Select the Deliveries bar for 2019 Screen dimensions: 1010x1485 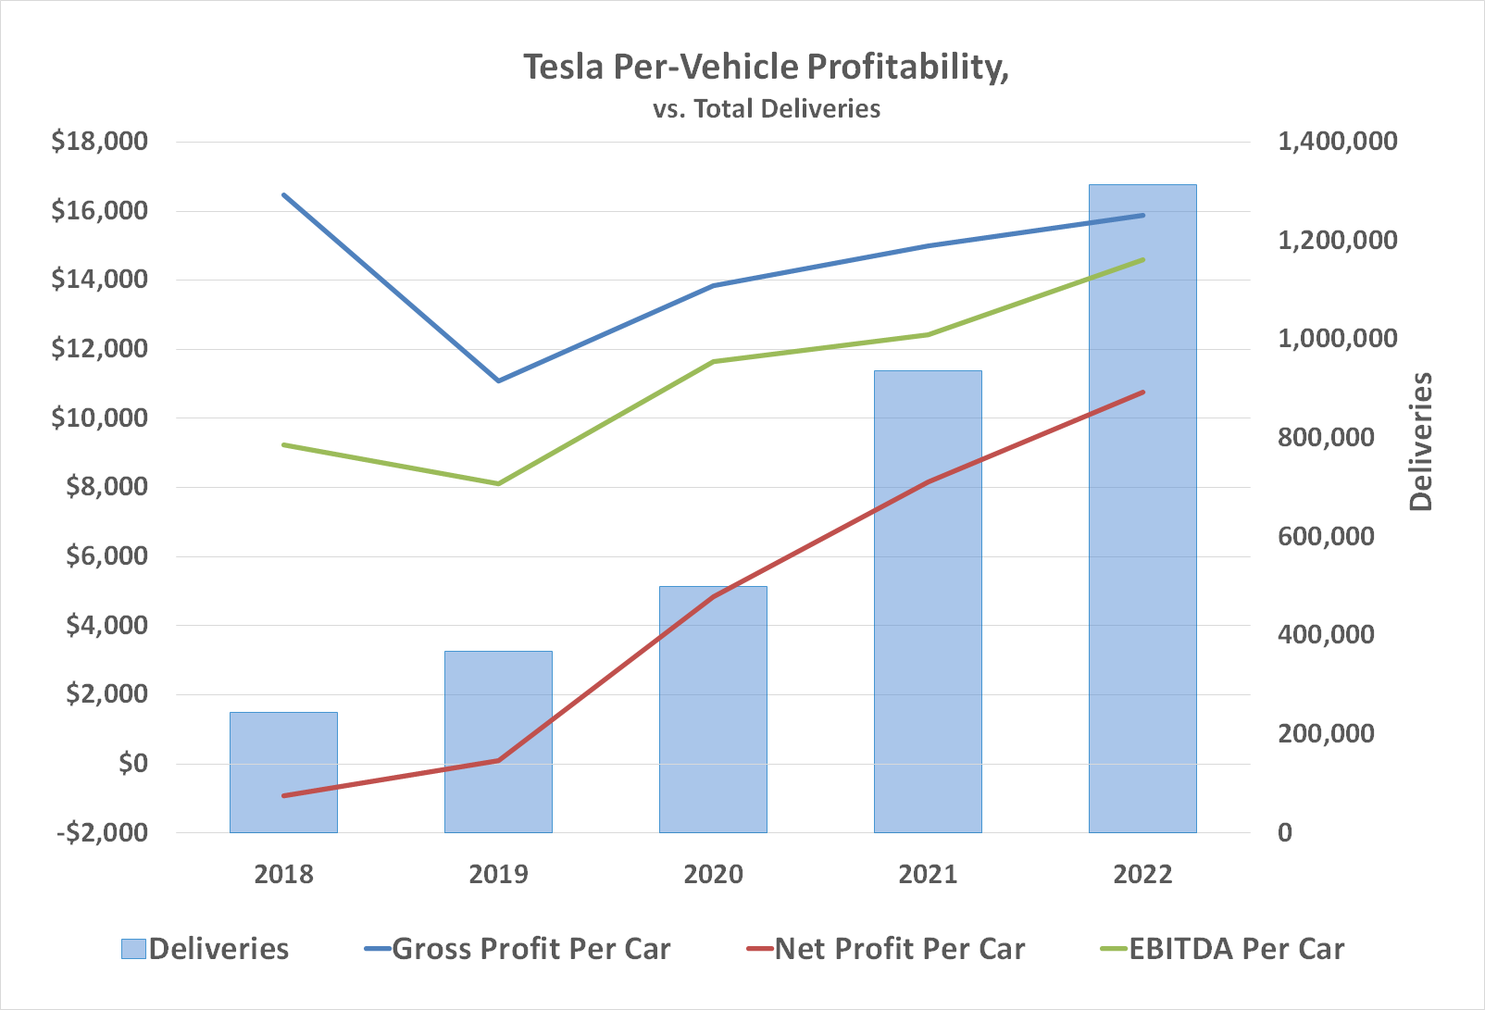pos(498,741)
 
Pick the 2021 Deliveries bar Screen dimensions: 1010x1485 pos(928,601)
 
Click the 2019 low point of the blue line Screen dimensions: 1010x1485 pos(499,380)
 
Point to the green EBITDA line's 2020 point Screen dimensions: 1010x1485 pos(713,362)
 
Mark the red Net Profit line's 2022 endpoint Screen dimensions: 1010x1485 pos(1143,393)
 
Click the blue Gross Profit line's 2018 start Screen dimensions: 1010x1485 pos(284,195)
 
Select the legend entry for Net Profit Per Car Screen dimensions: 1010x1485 pos(887,949)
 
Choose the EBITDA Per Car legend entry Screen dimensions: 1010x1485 pos(1222,949)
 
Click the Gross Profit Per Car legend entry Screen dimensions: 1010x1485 pos(518,949)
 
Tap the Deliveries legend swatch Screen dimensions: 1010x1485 pos(133,949)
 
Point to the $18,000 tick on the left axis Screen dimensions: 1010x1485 pos(99,142)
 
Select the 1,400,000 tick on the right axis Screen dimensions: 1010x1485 pos(1337,142)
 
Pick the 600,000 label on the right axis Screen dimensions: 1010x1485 pos(1326,536)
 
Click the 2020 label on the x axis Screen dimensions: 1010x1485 pos(713,874)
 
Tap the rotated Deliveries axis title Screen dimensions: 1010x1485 pos(1420,442)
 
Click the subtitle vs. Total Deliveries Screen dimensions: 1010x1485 pos(766,109)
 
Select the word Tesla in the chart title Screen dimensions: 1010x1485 pos(564,67)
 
